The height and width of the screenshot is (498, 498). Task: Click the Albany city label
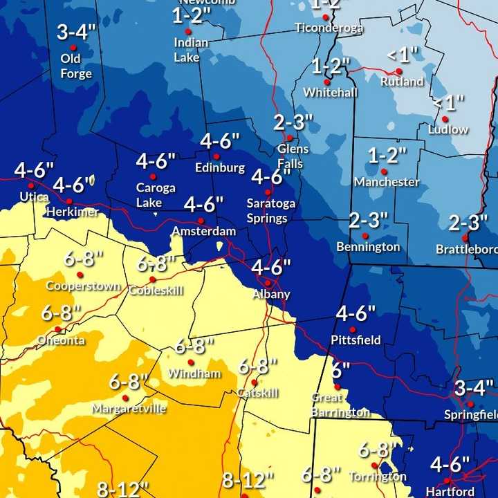click(272, 295)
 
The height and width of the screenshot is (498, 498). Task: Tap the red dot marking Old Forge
click(73, 48)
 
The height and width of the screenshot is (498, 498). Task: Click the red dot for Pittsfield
click(352, 329)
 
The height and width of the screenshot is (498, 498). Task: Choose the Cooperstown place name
click(83, 286)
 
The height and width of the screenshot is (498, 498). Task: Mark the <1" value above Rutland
click(403, 54)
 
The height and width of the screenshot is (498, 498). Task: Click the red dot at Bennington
click(365, 236)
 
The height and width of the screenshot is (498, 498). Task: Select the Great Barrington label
click(340, 405)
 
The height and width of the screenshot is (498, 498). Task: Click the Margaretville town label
click(129, 409)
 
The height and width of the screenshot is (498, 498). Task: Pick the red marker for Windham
click(191, 362)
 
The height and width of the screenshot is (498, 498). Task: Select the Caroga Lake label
click(156, 195)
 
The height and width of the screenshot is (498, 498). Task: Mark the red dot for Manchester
click(383, 171)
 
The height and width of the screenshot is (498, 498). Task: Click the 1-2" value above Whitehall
click(331, 66)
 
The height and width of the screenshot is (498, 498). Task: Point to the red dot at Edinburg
click(216, 156)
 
